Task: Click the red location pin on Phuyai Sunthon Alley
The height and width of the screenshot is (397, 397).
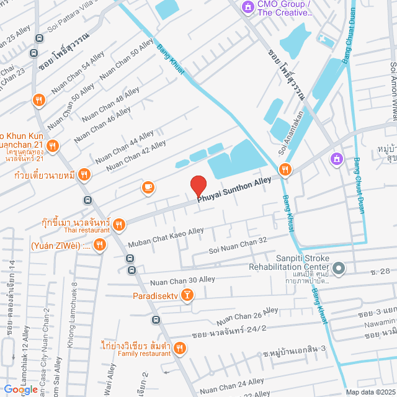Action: (x=197, y=186)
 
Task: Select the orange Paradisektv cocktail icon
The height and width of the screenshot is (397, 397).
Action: (x=185, y=297)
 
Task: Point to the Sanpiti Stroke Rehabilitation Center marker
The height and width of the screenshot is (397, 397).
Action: (x=339, y=269)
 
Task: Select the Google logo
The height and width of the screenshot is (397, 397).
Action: (x=20, y=389)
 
